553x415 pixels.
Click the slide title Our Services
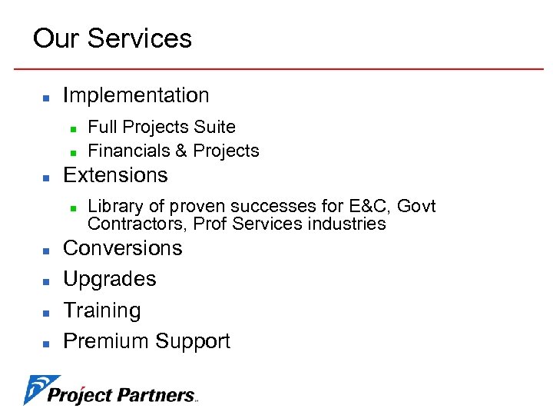pyautogui.click(x=112, y=38)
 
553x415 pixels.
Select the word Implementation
pyautogui.click(x=136, y=95)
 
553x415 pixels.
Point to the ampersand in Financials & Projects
pyautogui.click(x=181, y=151)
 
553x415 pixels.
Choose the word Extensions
pyautogui.click(x=115, y=175)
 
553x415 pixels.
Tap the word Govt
pyautogui.click(x=418, y=206)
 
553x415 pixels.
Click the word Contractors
pyautogui.click(x=137, y=224)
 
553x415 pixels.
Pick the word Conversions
pyautogui.click(x=123, y=248)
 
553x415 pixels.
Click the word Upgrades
pyautogui.click(x=110, y=279)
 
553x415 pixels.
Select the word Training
pyautogui.click(x=102, y=310)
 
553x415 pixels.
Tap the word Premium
pyautogui.click(x=106, y=341)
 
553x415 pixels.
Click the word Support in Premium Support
pyautogui.click(x=193, y=341)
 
